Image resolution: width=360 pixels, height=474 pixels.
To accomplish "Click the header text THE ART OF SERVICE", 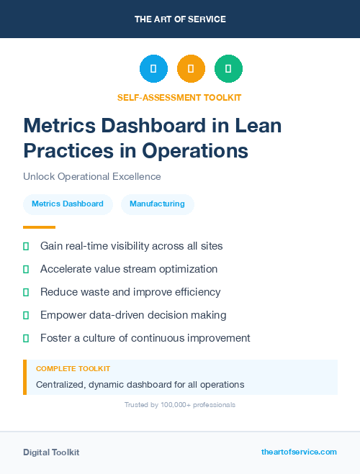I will point(180,19).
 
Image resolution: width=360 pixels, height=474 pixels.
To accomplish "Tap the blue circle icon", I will point(153,69).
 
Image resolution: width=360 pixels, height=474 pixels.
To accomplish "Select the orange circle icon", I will point(191,69).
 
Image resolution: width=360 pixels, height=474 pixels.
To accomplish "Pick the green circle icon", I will point(228,69).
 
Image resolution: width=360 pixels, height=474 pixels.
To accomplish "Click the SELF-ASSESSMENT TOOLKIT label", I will point(179,97).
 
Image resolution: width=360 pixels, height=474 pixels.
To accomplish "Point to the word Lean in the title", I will point(258,126).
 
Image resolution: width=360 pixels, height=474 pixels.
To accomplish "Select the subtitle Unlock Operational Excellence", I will point(91,176).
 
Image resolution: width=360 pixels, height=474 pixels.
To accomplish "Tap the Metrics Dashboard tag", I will point(68,204).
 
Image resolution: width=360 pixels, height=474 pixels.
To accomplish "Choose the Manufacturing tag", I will point(157,204).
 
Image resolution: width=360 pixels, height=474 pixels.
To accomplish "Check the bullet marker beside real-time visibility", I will point(26,246).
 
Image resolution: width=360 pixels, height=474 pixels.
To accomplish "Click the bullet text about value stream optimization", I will point(129,269).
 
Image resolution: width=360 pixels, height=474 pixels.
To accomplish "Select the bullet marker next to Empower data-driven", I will point(26,315).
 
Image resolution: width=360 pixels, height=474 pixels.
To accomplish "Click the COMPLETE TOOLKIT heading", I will point(73,368).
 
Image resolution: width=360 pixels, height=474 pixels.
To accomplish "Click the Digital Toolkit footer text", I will point(51,452).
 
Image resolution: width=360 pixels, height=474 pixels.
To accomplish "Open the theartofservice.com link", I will point(299,452).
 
